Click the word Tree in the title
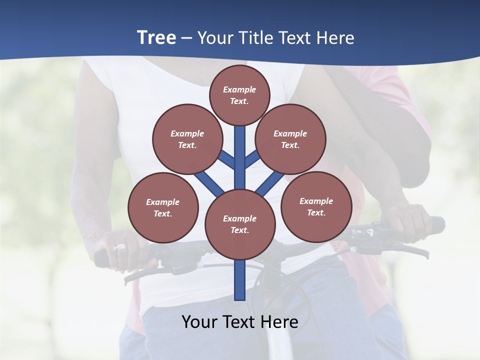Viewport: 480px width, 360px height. point(156,38)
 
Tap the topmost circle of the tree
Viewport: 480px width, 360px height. point(239,95)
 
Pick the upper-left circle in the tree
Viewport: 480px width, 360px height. point(187,139)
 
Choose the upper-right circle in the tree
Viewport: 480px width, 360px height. point(290,139)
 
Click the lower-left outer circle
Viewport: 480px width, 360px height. point(163,207)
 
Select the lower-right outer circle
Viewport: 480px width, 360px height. point(316,206)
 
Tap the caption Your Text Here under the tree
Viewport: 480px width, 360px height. point(240,322)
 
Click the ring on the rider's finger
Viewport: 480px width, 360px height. point(120,247)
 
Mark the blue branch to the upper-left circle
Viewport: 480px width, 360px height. point(226,159)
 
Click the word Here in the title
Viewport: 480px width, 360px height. point(335,38)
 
